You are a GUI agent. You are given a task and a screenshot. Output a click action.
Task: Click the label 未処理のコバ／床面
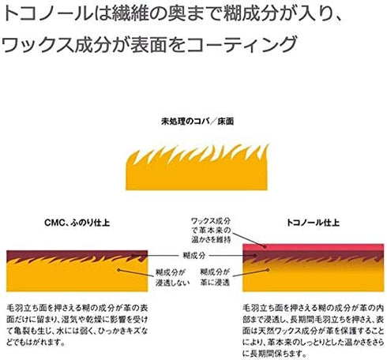coord(197,122)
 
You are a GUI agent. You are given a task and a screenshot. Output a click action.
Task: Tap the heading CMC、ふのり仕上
coord(77,223)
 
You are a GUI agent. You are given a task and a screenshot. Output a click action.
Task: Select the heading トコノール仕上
coord(313,223)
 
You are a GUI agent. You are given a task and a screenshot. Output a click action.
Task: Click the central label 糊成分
coord(193,255)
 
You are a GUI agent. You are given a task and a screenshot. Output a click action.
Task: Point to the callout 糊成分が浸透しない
coord(172,277)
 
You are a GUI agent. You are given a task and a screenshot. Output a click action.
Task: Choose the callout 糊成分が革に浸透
coord(215,277)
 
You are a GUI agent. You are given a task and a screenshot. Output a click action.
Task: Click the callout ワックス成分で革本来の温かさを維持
coord(211,230)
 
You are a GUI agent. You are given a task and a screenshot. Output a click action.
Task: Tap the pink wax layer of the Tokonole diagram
coord(313,247)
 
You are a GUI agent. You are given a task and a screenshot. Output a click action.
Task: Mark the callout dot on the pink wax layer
coord(265,246)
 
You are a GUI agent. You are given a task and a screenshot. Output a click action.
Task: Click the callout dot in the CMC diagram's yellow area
coord(118,270)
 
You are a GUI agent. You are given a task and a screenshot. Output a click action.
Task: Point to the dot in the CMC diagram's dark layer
coord(133,255)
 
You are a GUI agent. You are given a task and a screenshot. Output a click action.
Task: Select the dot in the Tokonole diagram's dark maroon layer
coord(255,255)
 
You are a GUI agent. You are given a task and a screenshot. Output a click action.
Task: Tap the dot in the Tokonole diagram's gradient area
coord(268,270)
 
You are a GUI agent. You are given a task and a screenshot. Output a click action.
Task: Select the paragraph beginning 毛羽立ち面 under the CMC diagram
coord(77,325)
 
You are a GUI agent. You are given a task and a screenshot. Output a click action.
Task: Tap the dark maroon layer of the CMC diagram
coord(77,255)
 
